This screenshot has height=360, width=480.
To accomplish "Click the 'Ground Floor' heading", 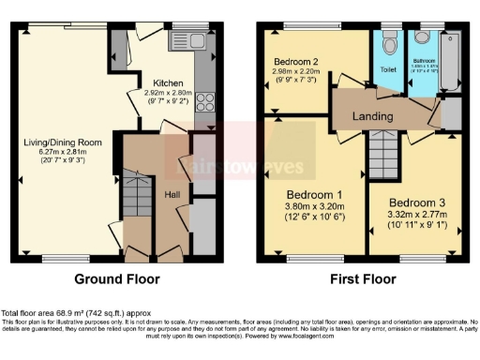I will click(119, 279).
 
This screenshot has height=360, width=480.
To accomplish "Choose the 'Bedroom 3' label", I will click(411, 203).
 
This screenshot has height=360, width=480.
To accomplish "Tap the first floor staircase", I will click(382, 149).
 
